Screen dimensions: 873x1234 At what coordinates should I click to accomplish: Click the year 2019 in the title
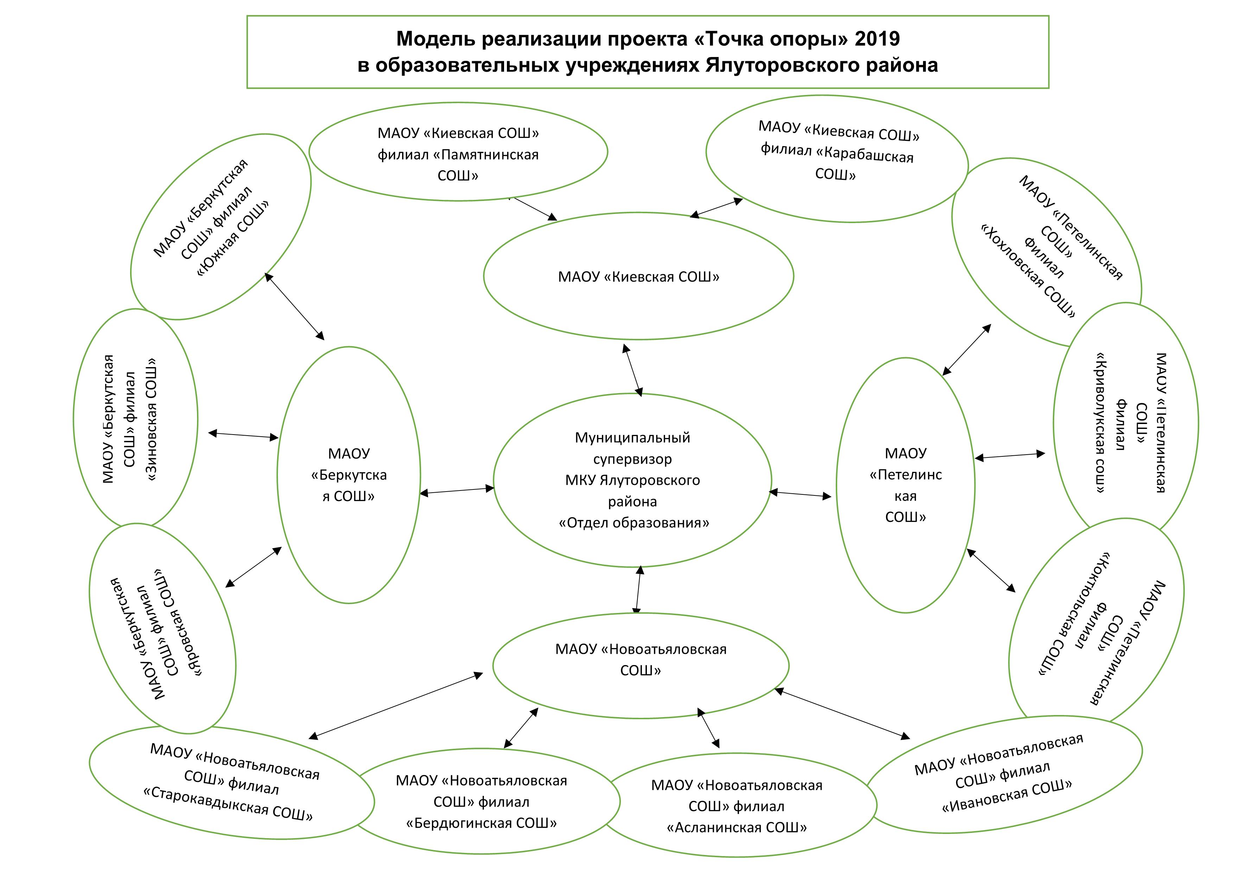click(x=878, y=39)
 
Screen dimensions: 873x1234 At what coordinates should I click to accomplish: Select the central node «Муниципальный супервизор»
click(x=632, y=480)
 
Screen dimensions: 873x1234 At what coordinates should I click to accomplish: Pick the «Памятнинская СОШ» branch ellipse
click(x=458, y=154)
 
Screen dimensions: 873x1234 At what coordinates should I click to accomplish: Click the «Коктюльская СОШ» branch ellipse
click(x=1096, y=624)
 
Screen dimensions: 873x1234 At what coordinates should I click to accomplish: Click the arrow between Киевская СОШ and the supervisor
click(x=632, y=370)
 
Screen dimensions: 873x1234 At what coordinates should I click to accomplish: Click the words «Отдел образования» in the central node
click(x=634, y=523)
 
